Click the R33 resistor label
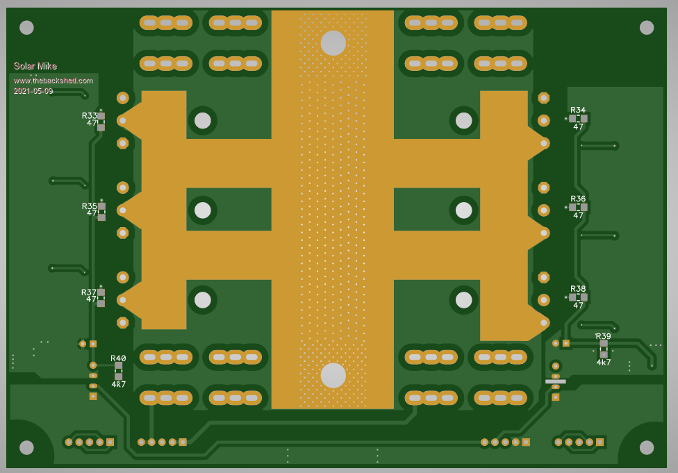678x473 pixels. click(89, 115)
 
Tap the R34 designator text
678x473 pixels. click(578, 110)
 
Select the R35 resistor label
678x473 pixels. click(89, 206)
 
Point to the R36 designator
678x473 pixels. click(578, 199)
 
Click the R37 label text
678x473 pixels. click(89, 292)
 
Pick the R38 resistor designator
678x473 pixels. click(578, 289)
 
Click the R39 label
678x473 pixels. click(603, 336)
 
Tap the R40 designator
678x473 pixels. click(118, 358)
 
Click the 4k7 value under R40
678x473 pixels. click(119, 384)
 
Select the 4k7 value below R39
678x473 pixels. click(604, 363)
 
